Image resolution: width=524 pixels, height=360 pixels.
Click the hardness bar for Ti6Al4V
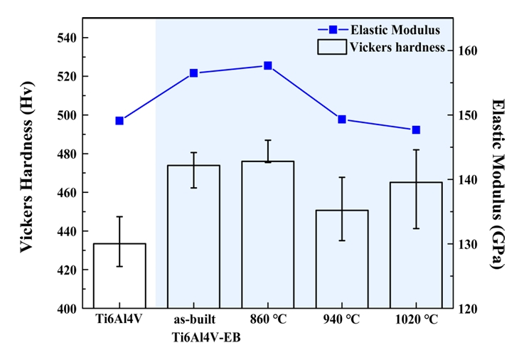click(x=119, y=276)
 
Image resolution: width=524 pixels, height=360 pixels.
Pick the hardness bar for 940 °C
click(x=341, y=260)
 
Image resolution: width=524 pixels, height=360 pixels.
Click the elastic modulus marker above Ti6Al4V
click(x=119, y=121)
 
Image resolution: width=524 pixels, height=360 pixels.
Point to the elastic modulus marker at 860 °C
click(x=268, y=65)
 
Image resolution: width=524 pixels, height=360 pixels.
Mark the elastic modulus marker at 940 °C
click(x=342, y=120)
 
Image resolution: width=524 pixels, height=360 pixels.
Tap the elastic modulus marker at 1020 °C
click(x=416, y=129)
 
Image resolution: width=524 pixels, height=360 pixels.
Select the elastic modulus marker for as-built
click(x=193, y=73)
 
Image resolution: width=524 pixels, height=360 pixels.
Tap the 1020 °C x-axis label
click(x=416, y=319)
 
